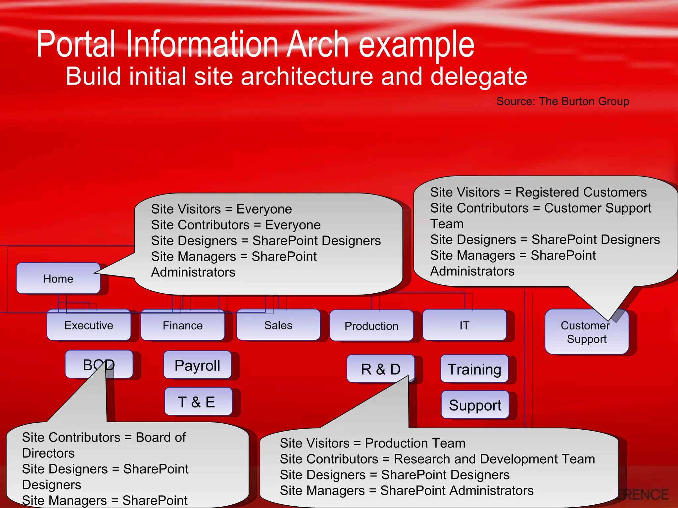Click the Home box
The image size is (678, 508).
point(58,278)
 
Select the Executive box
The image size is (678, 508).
point(89,325)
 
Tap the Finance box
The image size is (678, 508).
point(182,325)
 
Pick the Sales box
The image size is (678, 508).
point(278,325)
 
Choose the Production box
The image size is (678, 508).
point(371,326)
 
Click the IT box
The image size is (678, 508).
point(464,325)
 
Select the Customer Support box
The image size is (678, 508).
point(586,332)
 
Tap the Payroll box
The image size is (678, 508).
point(197,365)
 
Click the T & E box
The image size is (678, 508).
point(198,402)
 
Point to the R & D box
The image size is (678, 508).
point(380,369)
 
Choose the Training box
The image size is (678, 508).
point(474,369)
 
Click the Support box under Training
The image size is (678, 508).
point(475,405)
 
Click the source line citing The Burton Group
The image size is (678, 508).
point(562,101)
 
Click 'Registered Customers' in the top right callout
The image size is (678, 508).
point(581,192)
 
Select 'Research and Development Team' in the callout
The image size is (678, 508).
point(494,459)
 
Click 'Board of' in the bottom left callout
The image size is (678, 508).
point(161,437)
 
